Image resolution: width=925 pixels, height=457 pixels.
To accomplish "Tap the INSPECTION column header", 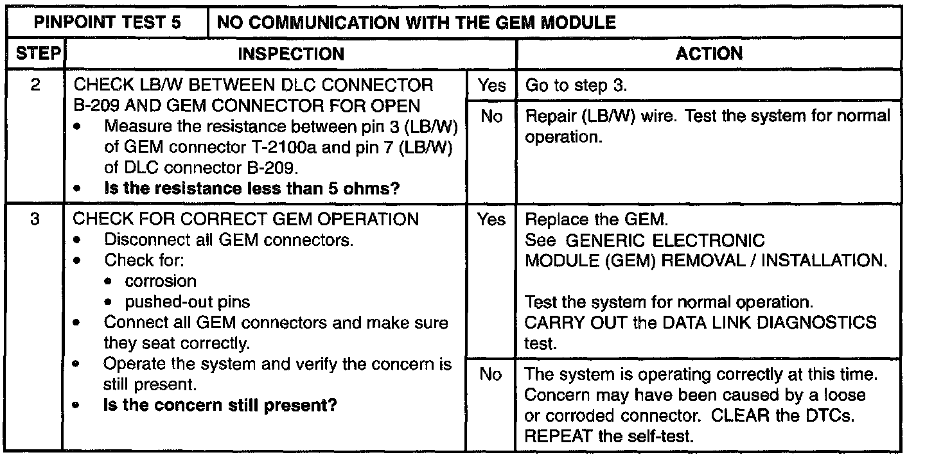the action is (x=290, y=55).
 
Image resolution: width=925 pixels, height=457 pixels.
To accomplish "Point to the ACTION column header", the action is (x=709, y=55).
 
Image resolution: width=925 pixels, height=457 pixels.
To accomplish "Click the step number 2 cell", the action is (x=36, y=85).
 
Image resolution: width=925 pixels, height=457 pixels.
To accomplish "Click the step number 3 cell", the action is (x=36, y=220).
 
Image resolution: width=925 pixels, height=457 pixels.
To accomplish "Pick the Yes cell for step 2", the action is (x=491, y=86).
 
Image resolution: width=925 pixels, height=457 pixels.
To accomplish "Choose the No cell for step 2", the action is (x=491, y=117).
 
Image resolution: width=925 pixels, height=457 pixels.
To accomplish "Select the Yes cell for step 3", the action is (x=491, y=220).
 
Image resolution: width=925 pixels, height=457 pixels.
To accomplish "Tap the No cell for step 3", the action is (x=491, y=374).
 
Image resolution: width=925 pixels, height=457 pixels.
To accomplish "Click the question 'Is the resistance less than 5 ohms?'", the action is (x=251, y=189).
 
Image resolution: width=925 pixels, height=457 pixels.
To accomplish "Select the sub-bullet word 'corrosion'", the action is (x=161, y=281).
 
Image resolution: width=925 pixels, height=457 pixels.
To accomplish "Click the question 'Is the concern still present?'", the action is (x=220, y=406).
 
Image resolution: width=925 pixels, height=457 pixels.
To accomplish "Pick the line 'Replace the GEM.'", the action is (x=597, y=220).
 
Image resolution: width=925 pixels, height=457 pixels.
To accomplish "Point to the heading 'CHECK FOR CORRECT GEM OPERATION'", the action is (x=245, y=220).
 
